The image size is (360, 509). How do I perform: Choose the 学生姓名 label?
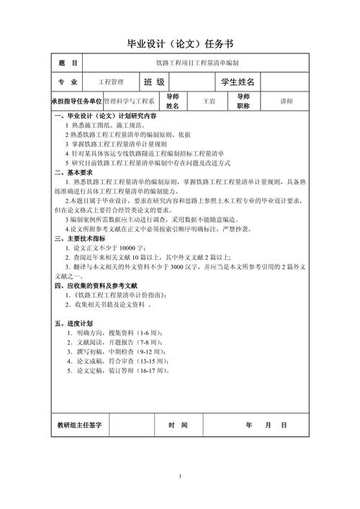[x=243, y=82]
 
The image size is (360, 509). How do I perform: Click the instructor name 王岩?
[x=210, y=102]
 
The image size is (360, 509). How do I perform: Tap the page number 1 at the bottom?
[x=181, y=477]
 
